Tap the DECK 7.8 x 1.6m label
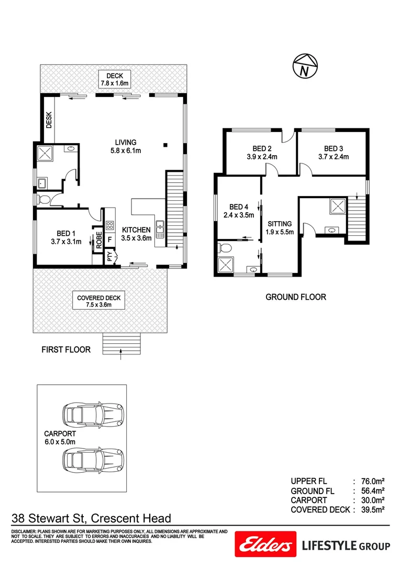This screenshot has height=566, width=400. [114, 80]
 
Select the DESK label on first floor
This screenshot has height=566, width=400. [49, 120]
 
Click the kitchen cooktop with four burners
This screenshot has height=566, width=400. [110, 226]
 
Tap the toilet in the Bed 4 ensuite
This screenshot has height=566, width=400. [226, 247]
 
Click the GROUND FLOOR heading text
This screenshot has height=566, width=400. [296, 297]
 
